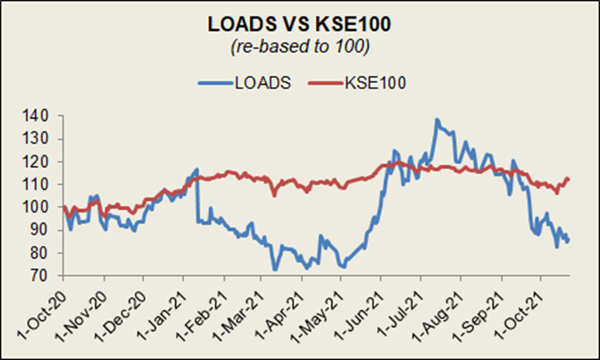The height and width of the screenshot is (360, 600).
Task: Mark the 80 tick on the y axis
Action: [x=43, y=253]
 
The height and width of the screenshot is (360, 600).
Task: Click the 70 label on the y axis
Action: [x=43, y=276]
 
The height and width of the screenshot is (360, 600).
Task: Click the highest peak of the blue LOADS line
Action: [x=437, y=119]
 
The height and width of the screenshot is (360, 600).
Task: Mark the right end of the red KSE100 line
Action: [x=569, y=180]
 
